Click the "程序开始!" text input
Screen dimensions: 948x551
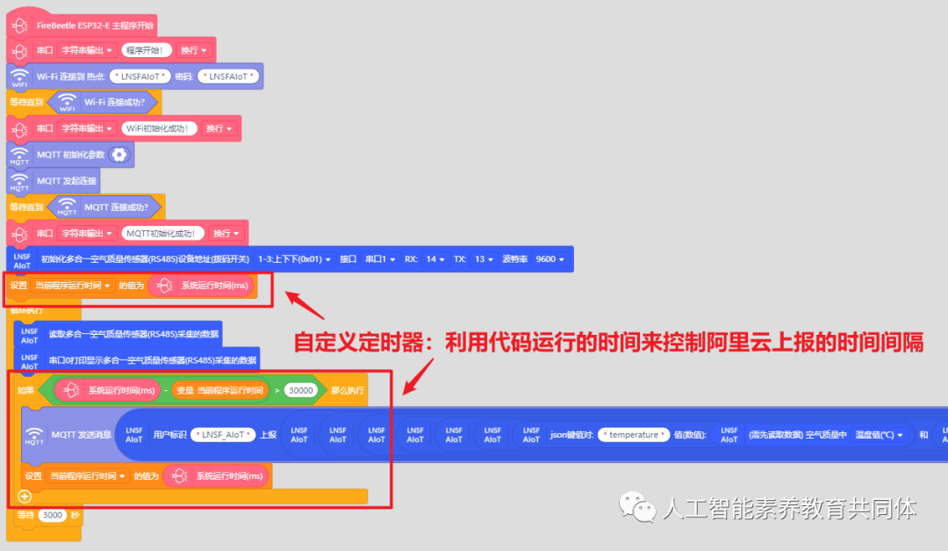(x=147, y=50)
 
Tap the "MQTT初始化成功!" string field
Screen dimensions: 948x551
(x=164, y=233)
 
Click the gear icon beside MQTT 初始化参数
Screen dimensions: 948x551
(x=119, y=155)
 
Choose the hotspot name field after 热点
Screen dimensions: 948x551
(x=141, y=76)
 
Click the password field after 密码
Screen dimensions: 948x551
(x=229, y=76)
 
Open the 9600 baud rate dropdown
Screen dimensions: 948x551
(x=550, y=259)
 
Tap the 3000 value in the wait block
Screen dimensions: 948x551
(x=53, y=514)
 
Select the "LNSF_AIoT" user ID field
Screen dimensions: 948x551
(x=224, y=435)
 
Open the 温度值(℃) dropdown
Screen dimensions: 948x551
(x=879, y=435)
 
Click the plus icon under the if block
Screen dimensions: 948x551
(x=25, y=496)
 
